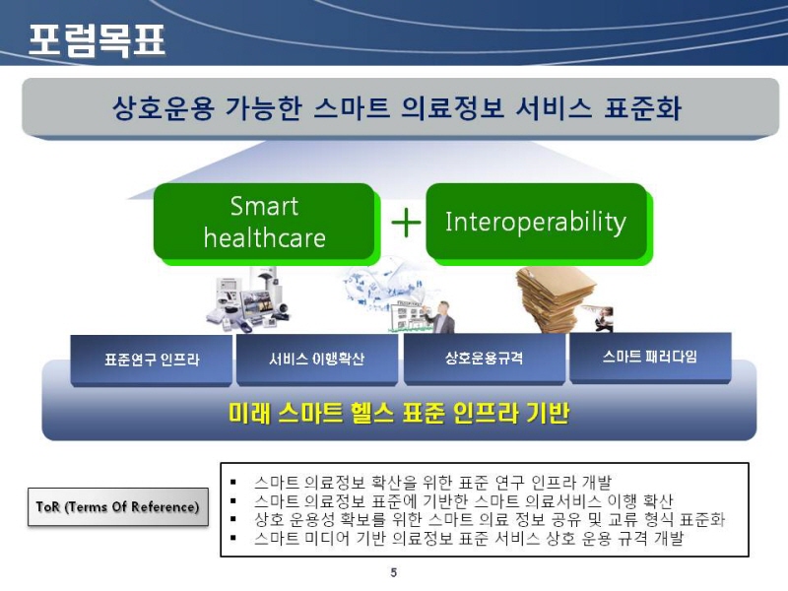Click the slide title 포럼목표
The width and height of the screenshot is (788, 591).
pyautogui.click(x=97, y=39)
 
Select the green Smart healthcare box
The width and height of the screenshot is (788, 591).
pyautogui.click(x=265, y=223)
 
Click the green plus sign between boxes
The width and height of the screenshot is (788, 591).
pyautogui.click(x=406, y=223)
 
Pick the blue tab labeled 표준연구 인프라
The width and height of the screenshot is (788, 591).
pyautogui.click(x=152, y=360)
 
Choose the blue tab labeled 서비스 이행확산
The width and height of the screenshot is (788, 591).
pyautogui.click(x=316, y=359)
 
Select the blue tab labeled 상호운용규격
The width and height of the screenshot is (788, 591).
pyautogui.click(x=484, y=359)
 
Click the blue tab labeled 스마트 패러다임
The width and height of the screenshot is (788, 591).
pyautogui.click(x=650, y=357)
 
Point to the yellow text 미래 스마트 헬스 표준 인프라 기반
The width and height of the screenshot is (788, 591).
pyautogui.click(x=399, y=413)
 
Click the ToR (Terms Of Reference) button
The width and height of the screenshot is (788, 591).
pyautogui.click(x=117, y=506)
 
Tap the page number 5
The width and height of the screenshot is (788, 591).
pyautogui.click(x=393, y=572)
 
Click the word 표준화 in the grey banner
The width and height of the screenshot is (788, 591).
pyautogui.click(x=642, y=108)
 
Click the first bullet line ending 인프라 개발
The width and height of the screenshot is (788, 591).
pyautogui.click(x=432, y=483)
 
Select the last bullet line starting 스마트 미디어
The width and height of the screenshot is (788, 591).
pyautogui.click(x=469, y=538)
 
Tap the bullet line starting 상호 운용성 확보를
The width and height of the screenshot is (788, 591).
pyautogui.click(x=490, y=520)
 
